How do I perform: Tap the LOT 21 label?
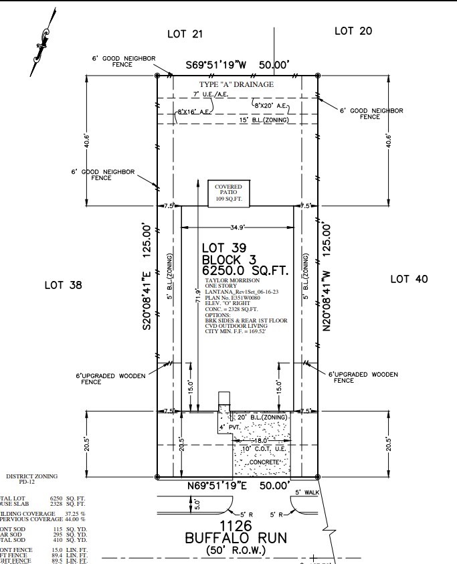(x=184, y=33)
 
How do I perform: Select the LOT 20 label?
(x=353, y=31)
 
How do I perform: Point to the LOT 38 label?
(x=63, y=285)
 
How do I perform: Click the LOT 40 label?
(x=408, y=279)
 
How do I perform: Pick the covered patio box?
(x=228, y=193)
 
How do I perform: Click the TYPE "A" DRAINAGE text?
(x=236, y=84)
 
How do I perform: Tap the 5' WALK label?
(x=308, y=493)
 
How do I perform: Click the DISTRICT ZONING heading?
(x=31, y=476)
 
